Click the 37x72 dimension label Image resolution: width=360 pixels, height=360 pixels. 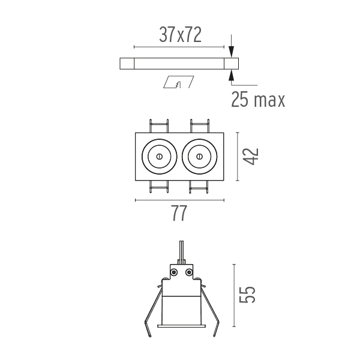click(180, 35)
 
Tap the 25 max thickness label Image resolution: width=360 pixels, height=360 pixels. click(258, 100)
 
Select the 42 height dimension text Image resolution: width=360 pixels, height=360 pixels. click(251, 157)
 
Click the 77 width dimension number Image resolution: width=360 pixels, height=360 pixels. click(180, 213)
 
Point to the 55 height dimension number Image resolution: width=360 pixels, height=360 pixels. click(247, 295)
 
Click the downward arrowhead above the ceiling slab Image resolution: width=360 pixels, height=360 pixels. click(232, 52)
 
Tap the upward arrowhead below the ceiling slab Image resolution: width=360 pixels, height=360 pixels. click(232, 76)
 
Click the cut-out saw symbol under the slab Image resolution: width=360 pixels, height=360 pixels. click(178, 82)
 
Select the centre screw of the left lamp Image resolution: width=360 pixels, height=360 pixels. click(159, 157)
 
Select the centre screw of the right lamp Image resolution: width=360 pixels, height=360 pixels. click(199, 157)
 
